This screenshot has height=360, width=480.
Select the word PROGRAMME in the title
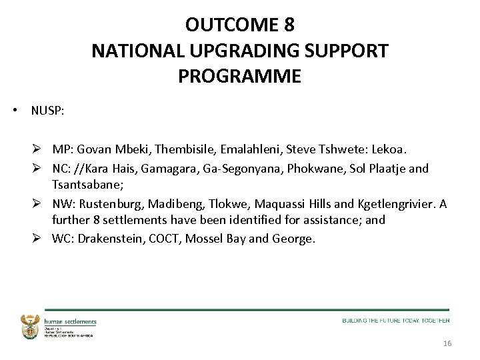coord(239,76)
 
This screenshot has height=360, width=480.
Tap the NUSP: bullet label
coord(47,111)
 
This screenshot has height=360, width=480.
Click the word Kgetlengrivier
coord(393,204)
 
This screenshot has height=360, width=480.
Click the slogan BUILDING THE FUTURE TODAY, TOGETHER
coord(396,321)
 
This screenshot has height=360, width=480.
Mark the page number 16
coord(447,343)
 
